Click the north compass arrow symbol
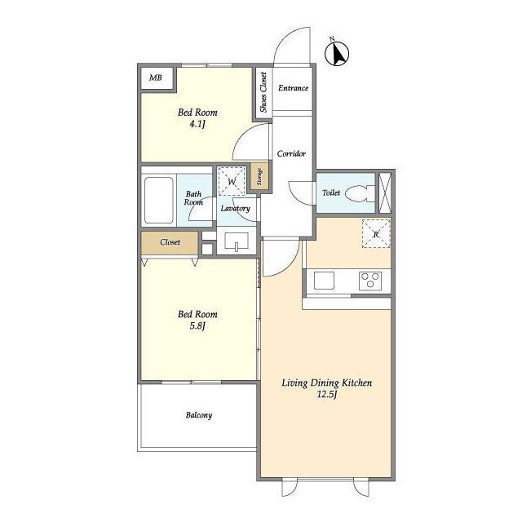click(337, 53)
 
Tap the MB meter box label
click(156, 78)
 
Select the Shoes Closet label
click(263, 92)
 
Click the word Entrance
click(293, 88)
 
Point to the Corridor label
click(291, 154)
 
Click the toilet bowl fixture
click(360, 193)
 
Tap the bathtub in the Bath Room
click(159, 200)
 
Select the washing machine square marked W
click(232, 181)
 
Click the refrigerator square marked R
click(376, 234)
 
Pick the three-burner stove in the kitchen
click(370, 281)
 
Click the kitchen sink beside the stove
click(324, 281)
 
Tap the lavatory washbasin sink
click(237, 241)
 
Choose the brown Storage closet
click(259, 176)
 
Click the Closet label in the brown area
click(170, 242)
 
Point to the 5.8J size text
click(197, 326)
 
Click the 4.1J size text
click(197, 125)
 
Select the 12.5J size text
click(327, 395)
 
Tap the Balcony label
click(199, 415)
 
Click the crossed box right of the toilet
click(385, 193)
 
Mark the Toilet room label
click(331, 192)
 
